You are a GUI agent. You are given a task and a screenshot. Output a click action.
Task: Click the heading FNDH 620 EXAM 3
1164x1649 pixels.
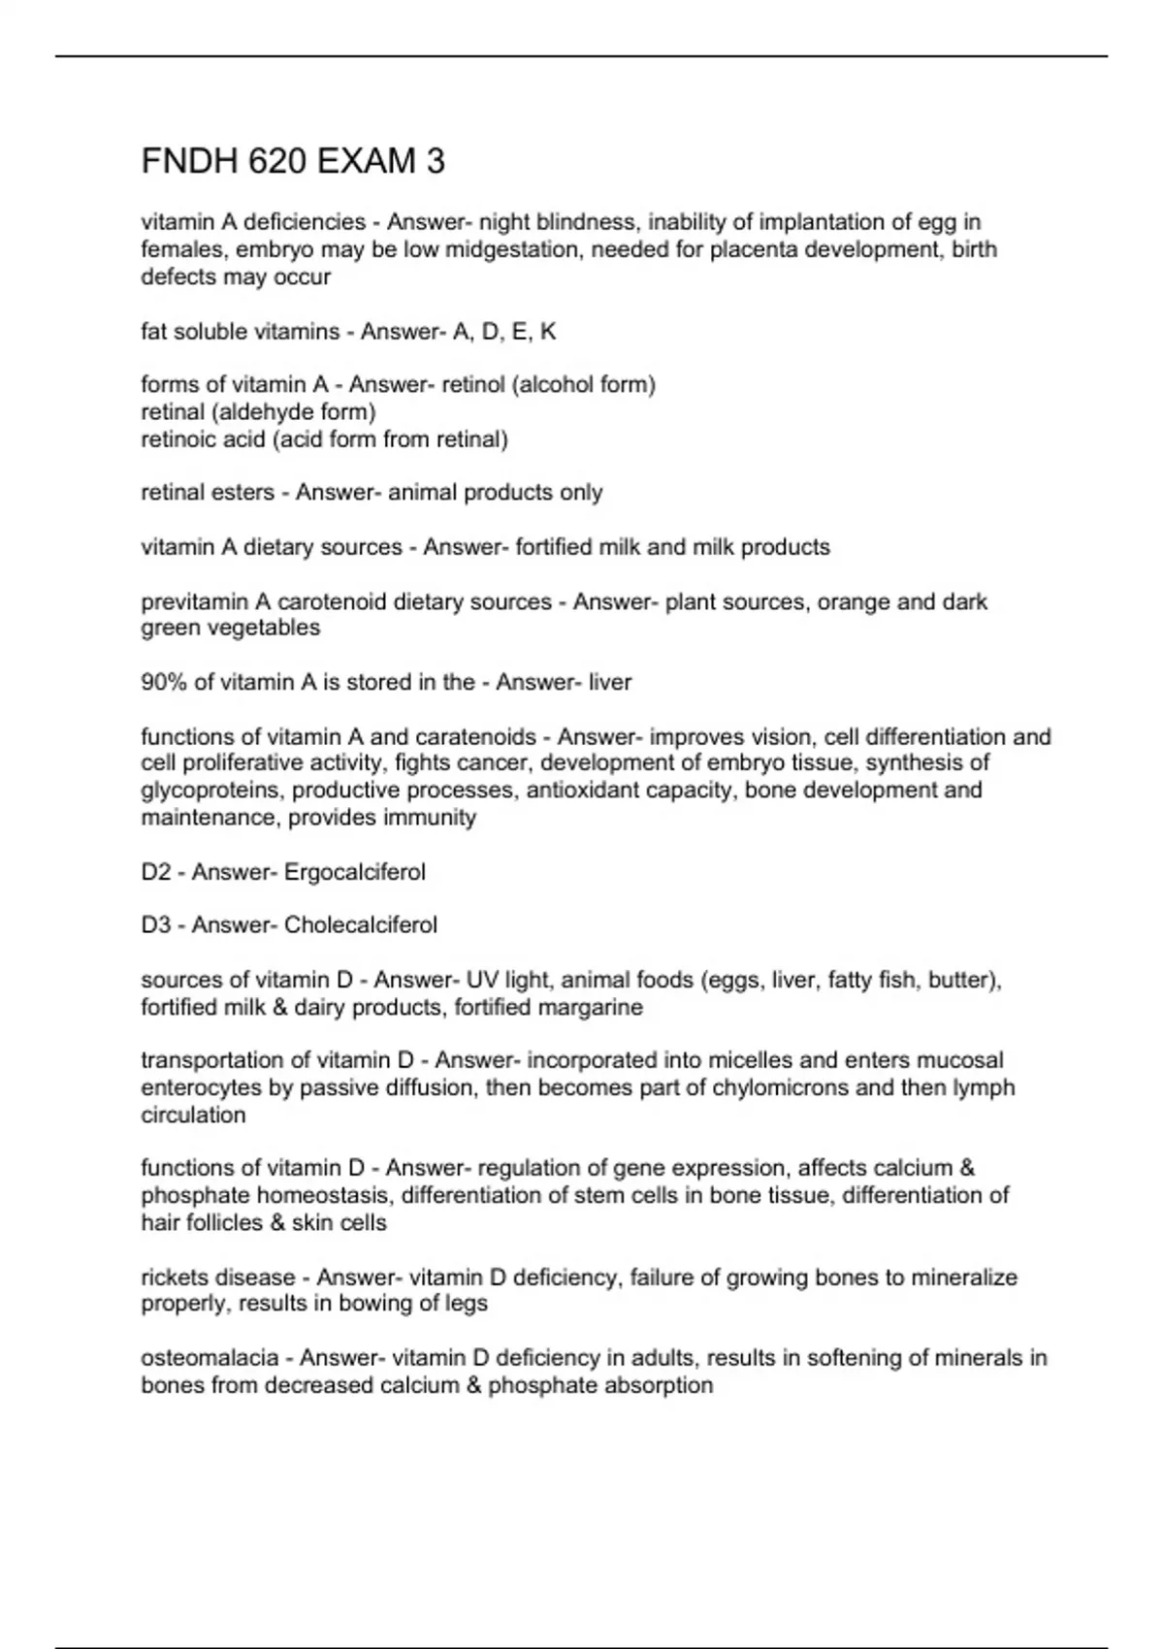[x=293, y=161]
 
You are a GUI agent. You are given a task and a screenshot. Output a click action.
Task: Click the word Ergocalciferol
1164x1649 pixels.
[x=354, y=872]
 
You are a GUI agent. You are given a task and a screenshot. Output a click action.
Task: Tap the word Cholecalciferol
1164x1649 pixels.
[x=360, y=925]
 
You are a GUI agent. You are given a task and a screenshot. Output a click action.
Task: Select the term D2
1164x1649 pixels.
[x=156, y=872]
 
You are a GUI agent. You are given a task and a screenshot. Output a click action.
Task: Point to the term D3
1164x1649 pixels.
[x=156, y=925]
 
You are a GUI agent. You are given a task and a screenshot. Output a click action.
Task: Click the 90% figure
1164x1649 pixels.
[x=164, y=683]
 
